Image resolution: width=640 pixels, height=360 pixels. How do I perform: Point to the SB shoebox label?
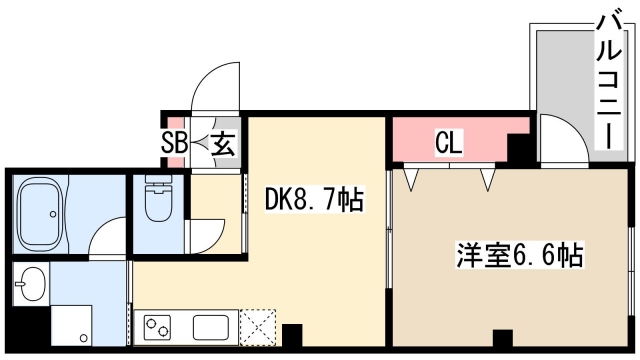tap(175, 142)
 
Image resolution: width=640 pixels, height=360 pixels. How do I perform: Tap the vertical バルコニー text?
tap(606, 80)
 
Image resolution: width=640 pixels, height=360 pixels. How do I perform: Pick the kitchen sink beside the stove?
tap(212, 326)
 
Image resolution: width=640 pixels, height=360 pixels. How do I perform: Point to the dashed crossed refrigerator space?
tap(257, 326)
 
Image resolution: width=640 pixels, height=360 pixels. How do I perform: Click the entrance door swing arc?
tap(212, 90)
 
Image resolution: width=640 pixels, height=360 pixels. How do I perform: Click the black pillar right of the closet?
tap(518, 150)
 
